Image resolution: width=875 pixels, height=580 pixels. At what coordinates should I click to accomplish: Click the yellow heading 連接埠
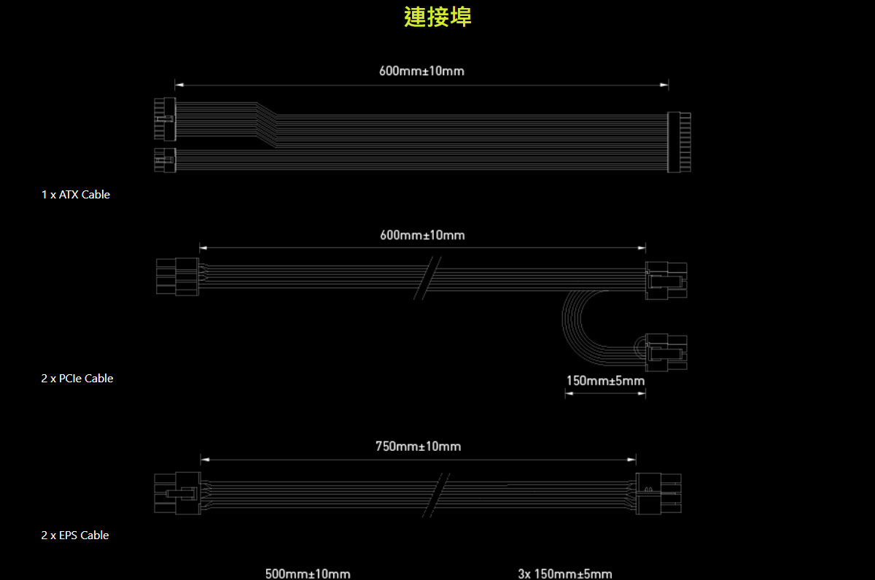tap(437, 17)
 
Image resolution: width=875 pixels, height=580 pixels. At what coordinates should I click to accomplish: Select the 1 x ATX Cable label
tap(76, 195)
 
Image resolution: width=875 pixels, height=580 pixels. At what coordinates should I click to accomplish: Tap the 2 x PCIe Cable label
tap(77, 379)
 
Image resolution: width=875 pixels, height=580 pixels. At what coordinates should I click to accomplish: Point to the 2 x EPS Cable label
tap(75, 535)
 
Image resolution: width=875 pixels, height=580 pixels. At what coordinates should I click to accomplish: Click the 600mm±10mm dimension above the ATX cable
tap(422, 71)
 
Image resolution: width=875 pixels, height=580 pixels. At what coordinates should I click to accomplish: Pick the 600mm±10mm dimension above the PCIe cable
tap(423, 235)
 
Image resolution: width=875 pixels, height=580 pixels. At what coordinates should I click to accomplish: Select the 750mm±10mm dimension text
tap(419, 446)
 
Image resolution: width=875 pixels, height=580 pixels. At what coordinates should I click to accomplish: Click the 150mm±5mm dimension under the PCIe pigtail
tap(605, 381)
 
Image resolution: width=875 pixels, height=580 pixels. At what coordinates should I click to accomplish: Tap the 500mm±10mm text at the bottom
tap(308, 573)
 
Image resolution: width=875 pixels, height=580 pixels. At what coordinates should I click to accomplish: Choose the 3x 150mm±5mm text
tap(565, 573)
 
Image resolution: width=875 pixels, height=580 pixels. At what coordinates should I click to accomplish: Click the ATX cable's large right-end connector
tap(680, 142)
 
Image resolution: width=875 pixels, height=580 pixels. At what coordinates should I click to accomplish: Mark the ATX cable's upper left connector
tap(166, 119)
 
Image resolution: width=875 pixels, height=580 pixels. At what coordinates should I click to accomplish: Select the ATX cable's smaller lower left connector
tap(166, 161)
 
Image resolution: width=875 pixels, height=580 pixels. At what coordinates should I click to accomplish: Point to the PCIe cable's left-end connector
tap(178, 277)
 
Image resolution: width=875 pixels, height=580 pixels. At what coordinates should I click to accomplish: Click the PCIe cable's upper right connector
tap(666, 281)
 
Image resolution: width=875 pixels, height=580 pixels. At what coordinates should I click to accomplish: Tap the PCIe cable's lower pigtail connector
tap(666, 352)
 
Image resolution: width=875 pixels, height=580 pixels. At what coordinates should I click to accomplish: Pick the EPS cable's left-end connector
tap(178, 493)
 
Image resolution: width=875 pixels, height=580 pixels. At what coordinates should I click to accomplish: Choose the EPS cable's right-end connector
tap(658, 494)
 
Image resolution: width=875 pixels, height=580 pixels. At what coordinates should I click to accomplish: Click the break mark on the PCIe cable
tap(427, 278)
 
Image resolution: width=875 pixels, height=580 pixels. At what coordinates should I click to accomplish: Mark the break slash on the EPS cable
tap(436, 495)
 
